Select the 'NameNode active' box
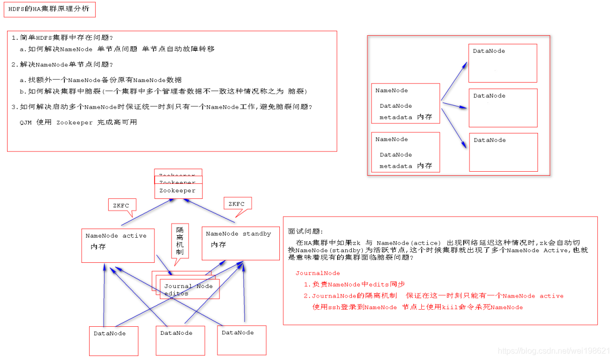point(118,245)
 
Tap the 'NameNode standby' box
point(241,243)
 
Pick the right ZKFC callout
point(237,203)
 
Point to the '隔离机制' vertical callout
point(180,241)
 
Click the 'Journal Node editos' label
point(188,290)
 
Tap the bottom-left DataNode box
point(113,341)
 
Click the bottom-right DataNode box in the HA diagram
point(241,339)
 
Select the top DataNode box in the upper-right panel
point(502,63)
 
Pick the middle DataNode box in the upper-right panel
point(503,108)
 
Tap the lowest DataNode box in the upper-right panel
point(503,152)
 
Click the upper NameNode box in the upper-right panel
point(405,104)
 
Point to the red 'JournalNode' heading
point(318,273)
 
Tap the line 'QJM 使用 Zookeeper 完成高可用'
point(78,122)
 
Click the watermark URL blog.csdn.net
point(554,350)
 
